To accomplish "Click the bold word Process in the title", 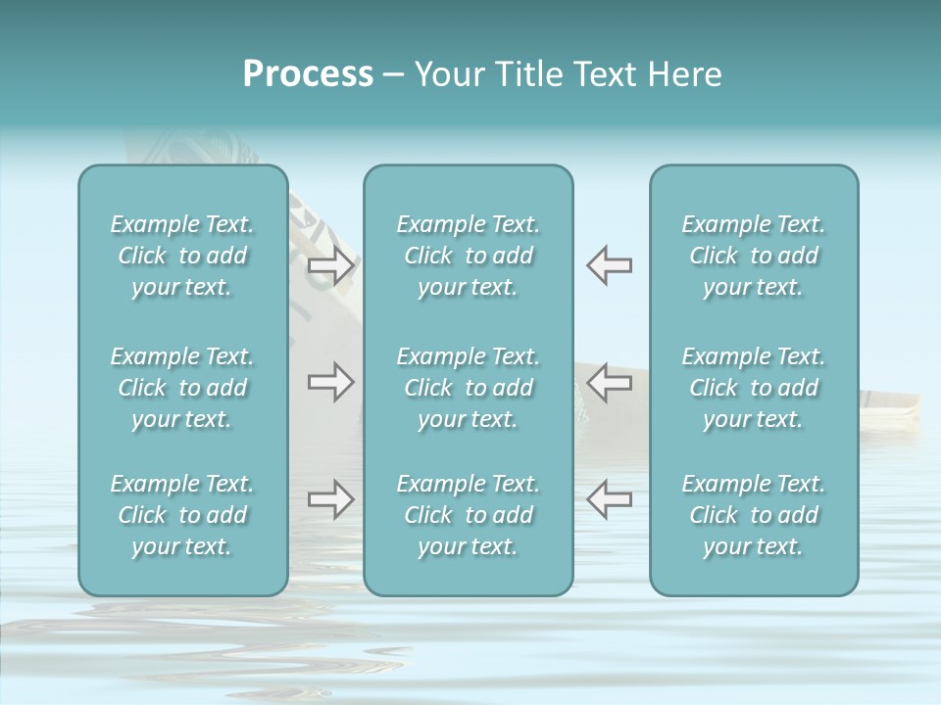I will [308, 74].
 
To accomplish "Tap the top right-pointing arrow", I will [330, 264].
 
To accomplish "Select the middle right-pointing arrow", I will [330, 382].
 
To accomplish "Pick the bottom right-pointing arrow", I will [330, 499].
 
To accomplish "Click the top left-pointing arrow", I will [610, 264].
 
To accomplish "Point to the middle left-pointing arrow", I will [610, 382].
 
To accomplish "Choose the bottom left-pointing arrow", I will [610, 499].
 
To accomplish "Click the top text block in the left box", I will [182, 256].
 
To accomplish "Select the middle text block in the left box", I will [182, 388].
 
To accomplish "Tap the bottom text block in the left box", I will [182, 515].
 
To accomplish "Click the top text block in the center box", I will [469, 256].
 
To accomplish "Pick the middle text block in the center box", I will [469, 388].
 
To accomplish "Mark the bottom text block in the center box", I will [469, 515].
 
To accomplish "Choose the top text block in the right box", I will [754, 256].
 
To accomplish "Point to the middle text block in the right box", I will [754, 388].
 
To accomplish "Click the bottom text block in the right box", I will [754, 515].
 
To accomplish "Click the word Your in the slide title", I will [447, 74].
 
